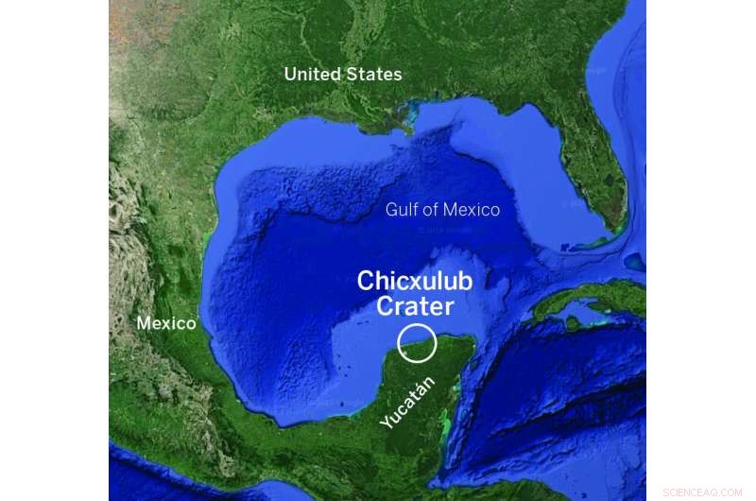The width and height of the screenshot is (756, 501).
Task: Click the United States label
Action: (343, 75)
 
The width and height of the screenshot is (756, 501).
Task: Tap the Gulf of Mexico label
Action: (442, 210)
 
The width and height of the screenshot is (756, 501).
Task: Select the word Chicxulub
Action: (414, 282)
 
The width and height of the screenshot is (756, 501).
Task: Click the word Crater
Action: (415, 306)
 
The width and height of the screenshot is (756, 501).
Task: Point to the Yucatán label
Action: (409, 403)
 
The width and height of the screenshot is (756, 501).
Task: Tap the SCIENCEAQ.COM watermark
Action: (704, 492)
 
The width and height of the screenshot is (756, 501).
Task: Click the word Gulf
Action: (401, 210)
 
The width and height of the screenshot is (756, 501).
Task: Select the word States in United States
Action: (373, 75)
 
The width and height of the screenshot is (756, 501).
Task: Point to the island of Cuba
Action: (586, 301)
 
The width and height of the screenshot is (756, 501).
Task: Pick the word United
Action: (313, 75)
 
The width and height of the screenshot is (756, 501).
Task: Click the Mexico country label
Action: (166, 323)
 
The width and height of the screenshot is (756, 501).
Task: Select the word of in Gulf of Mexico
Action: (428, 210)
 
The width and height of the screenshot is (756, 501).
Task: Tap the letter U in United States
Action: (290, 75)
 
